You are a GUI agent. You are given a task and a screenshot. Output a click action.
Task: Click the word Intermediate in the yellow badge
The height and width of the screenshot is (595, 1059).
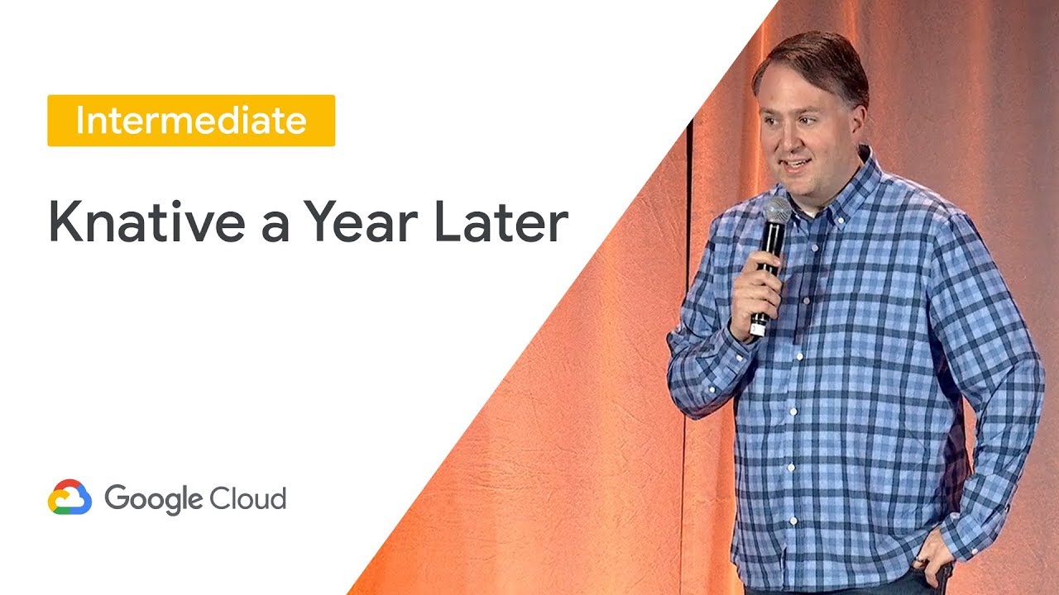coord(191,121)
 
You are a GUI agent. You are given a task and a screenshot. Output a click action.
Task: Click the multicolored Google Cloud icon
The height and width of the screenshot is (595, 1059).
coord(69,497)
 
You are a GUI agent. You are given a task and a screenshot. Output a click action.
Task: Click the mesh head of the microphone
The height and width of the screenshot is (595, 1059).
coord(776,212)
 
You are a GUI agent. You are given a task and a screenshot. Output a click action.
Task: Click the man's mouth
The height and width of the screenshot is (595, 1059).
coord(796,164)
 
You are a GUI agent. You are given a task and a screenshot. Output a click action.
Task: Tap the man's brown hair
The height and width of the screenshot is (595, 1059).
coord(811,58)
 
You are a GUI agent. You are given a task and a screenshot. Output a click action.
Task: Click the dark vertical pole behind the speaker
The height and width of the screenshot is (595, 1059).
coord(688,248)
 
